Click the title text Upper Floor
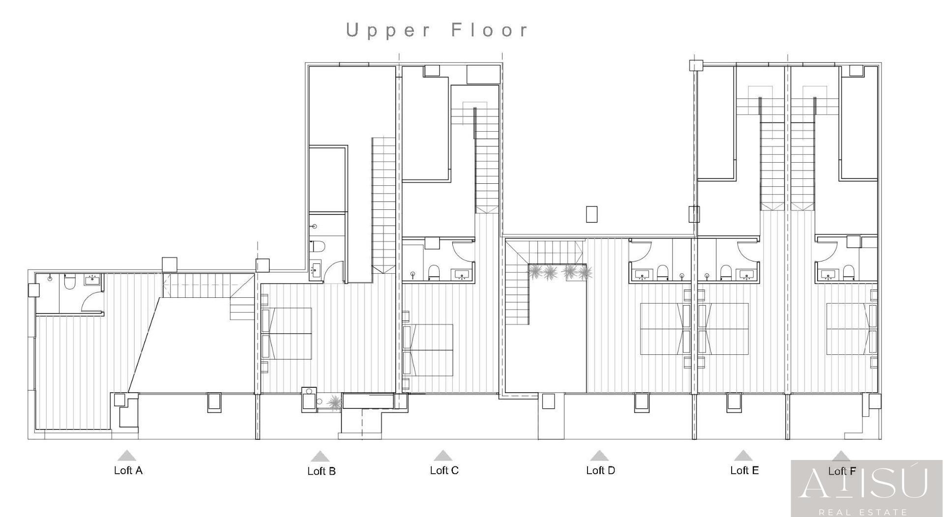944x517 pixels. pyautogui.click(x=437, y=30)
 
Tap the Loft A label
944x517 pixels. pyautogui.click(x=128, y=470)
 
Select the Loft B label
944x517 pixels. pyautogui.click(x=321, y=471)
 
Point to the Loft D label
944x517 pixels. pyautogui.click(x=600, y=470)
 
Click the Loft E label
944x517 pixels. pyautogui.click(x=744, y=470)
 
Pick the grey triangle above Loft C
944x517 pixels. pyautogui.click(x=443, y=456)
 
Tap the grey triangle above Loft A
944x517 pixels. pyautogui.click(x=127, y=456)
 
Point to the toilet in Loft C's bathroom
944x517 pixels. pyautogui.click(x=434, y=272)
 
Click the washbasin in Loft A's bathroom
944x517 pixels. pyautogui.click(x=92, y=280)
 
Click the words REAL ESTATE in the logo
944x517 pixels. pyautogui.click(x=867, y=512)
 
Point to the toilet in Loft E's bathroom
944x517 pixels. pyautogui.click(x=726, y=272)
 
